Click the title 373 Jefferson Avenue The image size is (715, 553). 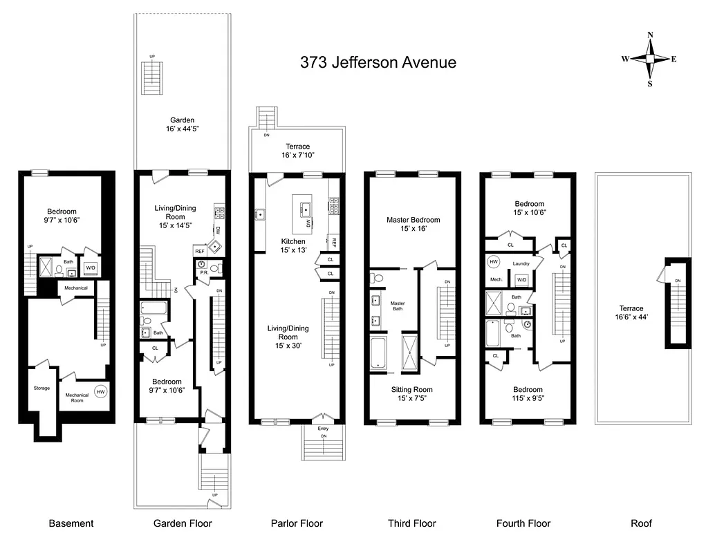point(378,62)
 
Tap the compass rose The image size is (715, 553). point(649,59)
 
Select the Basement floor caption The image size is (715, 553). point(71,523)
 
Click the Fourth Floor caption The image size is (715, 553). point(523,523)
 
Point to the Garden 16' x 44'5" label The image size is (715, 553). point(178,124)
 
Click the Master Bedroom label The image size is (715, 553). point(413,224)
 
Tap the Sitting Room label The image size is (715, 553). point(412,394)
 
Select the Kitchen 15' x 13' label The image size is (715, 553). point(293,245)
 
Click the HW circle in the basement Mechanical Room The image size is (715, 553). point(100,391)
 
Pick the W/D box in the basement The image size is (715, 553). point(91,267)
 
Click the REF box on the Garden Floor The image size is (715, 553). point(199,252)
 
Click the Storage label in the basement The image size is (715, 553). point(41,388)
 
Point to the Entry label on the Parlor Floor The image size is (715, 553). point(323,429)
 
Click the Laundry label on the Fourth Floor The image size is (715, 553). point(521,263)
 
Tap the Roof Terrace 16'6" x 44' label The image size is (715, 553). point(631,312)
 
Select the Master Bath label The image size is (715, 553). point(397,306)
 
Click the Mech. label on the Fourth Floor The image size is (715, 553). point(496,280)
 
